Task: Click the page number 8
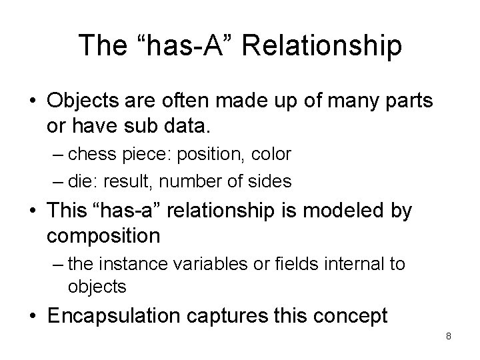449,337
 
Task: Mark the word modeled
343,213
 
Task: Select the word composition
104,235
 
